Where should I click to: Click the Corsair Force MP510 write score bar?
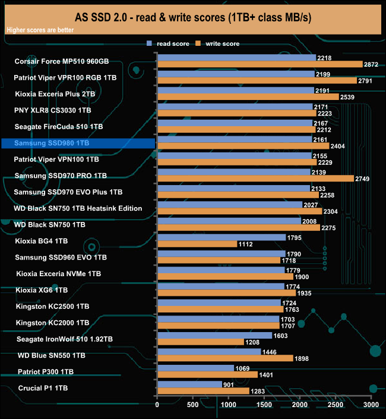coord(260,64)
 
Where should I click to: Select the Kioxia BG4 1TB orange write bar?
coord(197,244)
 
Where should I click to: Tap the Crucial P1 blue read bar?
coord(189,384)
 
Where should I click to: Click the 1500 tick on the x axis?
coord(264,405)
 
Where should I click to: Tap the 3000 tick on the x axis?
coord(371,405)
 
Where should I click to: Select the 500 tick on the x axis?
coord(192,405)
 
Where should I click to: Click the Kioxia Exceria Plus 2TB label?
coord(55,94)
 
